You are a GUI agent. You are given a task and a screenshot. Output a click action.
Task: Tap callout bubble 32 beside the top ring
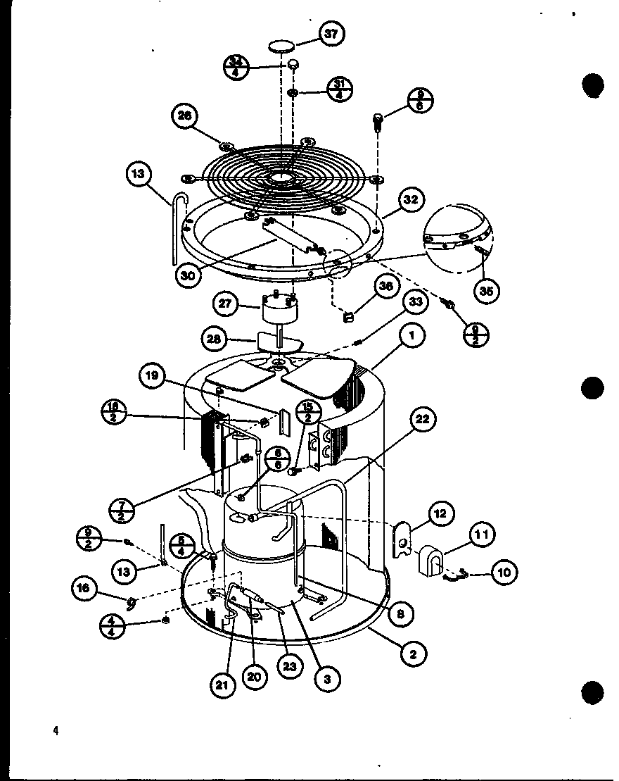(411, 200)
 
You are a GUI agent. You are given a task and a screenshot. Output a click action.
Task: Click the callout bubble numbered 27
(225, 305)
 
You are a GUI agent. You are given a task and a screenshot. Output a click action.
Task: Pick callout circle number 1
(412, 337)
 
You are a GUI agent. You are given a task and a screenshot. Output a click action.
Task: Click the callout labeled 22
(422, 420)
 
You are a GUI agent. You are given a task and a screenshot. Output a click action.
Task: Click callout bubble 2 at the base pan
(413, 654)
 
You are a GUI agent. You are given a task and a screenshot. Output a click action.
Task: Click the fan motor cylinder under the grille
(280, 310)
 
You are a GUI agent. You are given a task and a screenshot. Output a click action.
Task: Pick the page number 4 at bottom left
(55, 730)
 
